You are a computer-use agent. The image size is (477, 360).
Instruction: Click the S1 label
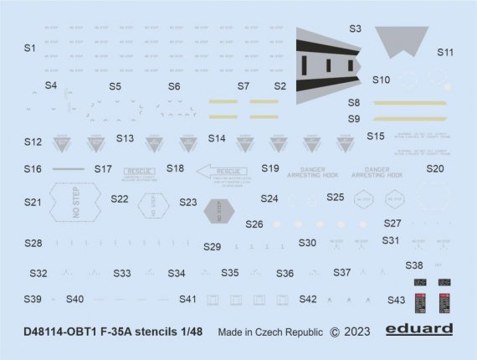point(29,49)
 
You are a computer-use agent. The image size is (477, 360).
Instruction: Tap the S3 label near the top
point(354,28)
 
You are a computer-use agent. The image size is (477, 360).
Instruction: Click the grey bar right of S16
point(68,169)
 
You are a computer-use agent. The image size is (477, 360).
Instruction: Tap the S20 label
point(434,168)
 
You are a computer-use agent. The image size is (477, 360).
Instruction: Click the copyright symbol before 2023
point(336,332)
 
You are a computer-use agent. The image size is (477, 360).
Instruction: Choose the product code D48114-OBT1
point(62,332)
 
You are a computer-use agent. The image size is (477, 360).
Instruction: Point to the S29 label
point(212,247)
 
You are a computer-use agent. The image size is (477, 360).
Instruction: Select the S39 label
point(33,299)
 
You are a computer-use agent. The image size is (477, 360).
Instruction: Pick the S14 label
point(217,138)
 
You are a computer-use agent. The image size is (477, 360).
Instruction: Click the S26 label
point(254,224)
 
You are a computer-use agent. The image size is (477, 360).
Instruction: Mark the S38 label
point(414,265)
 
